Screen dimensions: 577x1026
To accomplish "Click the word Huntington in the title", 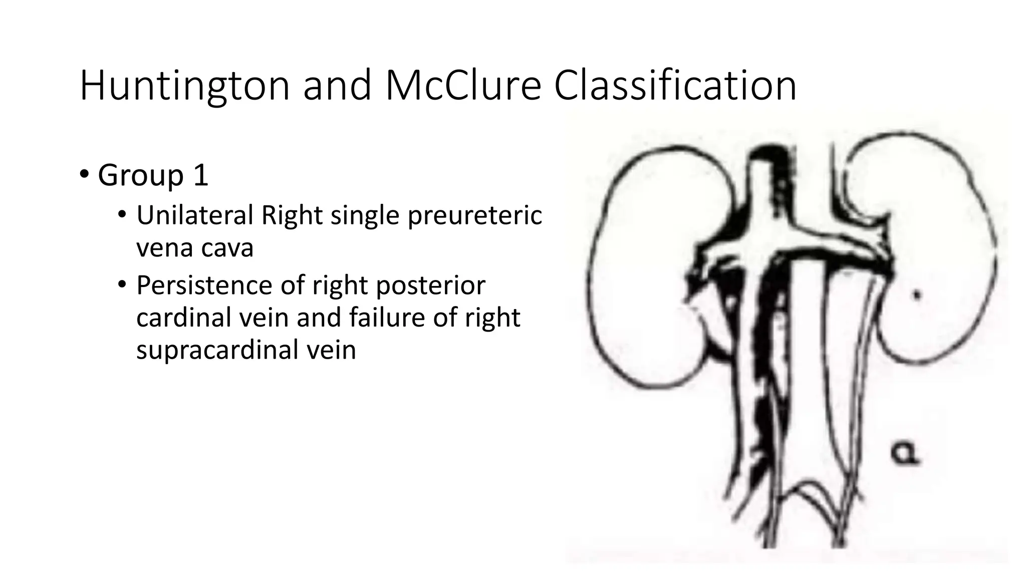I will (184, 86).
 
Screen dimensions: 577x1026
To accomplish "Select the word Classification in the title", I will (675, 86).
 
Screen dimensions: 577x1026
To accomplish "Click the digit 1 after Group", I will (200, 175).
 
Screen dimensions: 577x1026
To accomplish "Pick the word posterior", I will (430, 286).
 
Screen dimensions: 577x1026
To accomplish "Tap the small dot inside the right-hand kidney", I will (917, 296).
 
